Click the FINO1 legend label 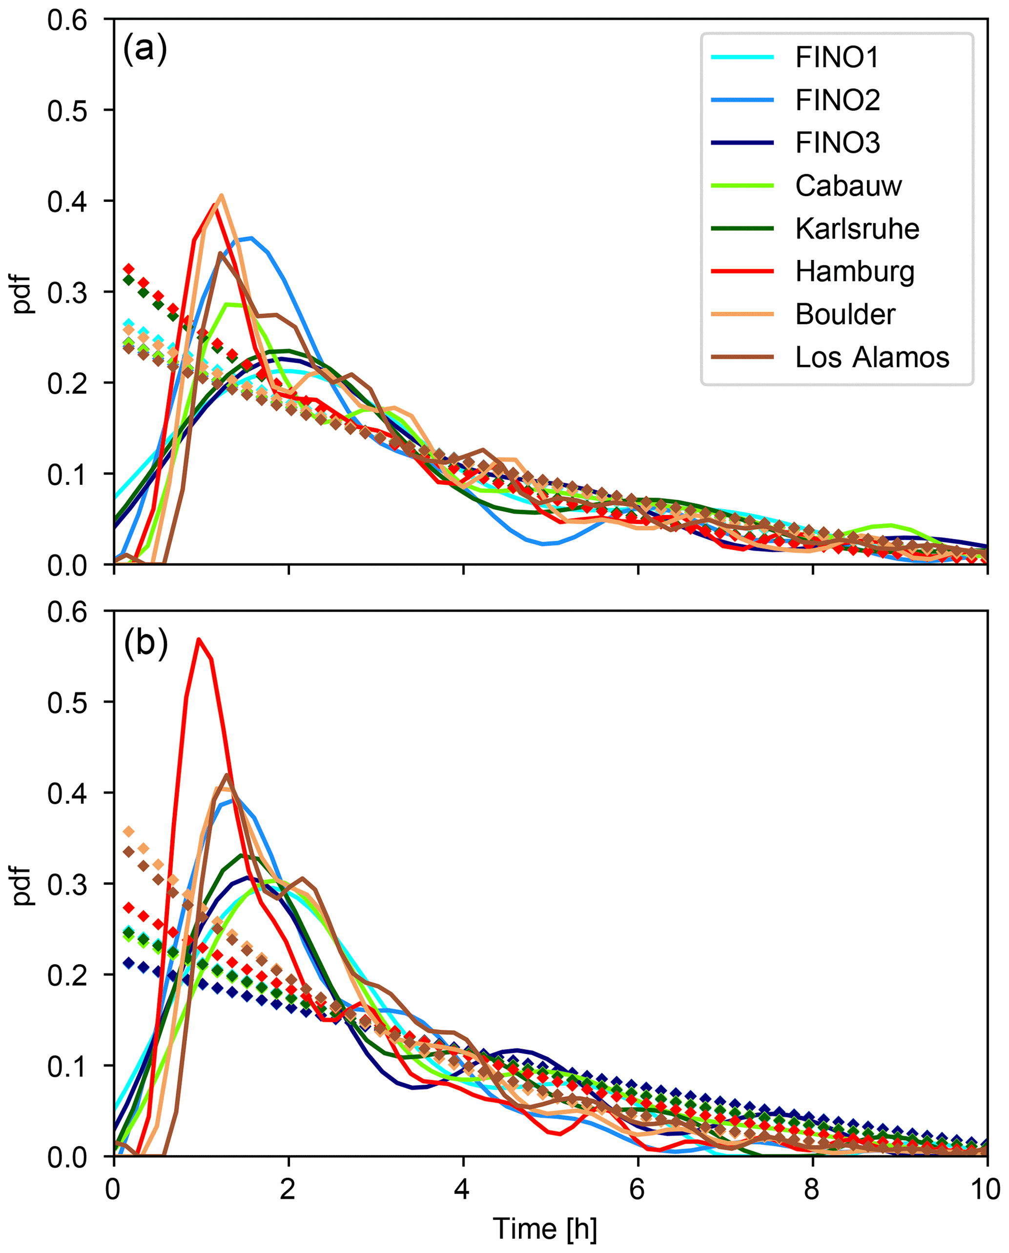pyautogui.click(x=836, y=57)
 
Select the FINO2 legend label pyautogui.click(x=838, y=100)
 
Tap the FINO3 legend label pyautogui.click(x=838, y=143)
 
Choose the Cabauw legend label pyautogui.click(x=848, y=186)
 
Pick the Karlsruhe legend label pyautogui.click(x=857, y=228)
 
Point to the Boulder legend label pyautogui.click(x=845, y=315)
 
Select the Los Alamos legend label pyautogui.click(x=872, y=357)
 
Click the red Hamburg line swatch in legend pyautogui.click(x=742, y=271)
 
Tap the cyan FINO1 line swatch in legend pyautogui.click(x=742, y=57)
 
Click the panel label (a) pyautogui.click(x=145, y=49)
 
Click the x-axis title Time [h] pyautogui.click(x=545, y=1229)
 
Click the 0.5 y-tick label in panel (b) pyautogui.click(x=67, y=703)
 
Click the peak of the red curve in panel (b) pyautogui.click(x=199, y=639)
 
